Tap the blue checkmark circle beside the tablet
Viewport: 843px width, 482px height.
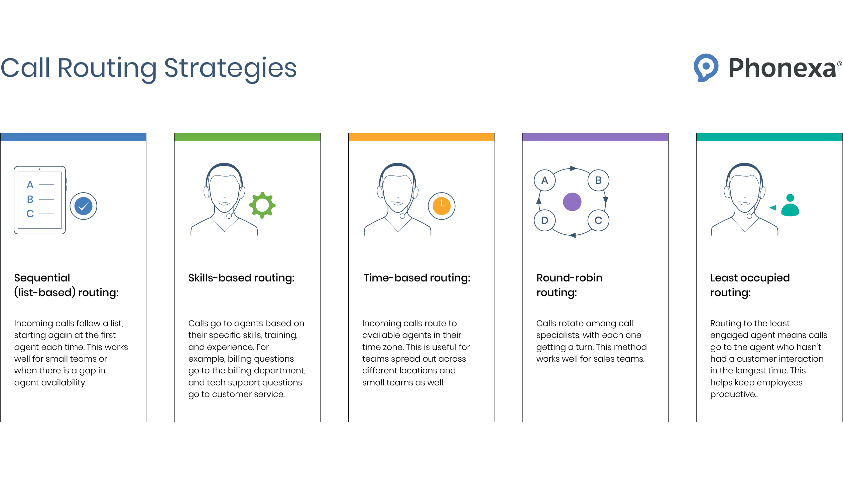(84, 206)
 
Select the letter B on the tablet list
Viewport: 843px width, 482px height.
(30, 199)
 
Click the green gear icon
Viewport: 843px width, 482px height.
(262, 205)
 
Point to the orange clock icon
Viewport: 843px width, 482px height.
(442, 206)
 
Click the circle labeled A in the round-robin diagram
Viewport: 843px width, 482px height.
(545, 180)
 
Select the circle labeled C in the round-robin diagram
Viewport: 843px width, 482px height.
(598, 220)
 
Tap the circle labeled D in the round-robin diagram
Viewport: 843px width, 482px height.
(545, 220)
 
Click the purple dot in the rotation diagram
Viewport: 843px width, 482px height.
(572, 202)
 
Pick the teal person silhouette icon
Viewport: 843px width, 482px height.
(790, 205)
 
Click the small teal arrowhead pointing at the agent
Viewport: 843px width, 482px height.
(772, 208)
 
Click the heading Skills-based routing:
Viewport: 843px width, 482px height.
(241, 278)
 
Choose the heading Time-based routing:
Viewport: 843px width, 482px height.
(417, 278)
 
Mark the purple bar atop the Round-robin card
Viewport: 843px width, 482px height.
(595, 137)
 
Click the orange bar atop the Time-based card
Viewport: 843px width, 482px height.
(421, 137)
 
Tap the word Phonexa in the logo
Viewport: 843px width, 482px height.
(782, 68)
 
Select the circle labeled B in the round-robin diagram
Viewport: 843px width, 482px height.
(598, 180)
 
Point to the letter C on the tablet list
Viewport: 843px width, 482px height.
(30, 214)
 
